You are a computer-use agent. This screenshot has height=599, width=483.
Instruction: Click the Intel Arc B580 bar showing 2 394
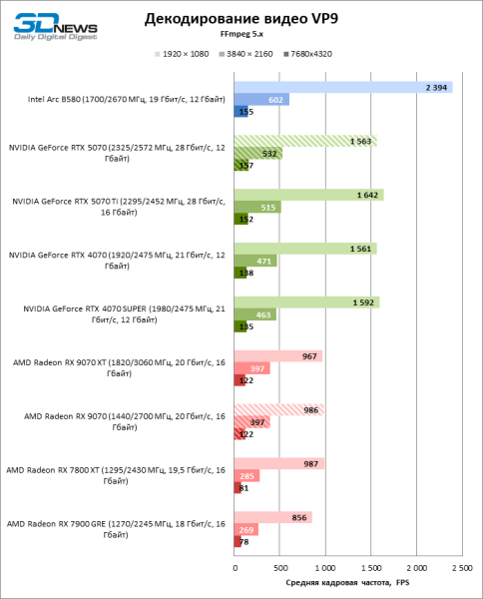343,87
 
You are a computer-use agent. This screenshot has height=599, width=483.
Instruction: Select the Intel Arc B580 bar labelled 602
261,99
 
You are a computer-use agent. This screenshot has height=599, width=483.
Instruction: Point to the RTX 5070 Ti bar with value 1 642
308,195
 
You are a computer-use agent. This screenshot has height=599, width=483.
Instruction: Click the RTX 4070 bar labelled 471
255,261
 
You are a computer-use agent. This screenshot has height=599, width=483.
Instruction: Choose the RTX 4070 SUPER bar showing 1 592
306,302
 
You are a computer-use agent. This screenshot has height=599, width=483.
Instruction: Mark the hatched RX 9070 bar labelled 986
278,410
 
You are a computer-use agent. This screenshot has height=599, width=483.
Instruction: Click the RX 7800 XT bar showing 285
246,476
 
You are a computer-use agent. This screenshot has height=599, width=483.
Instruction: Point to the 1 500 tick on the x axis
370,567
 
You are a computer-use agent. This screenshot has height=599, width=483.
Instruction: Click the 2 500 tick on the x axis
461,567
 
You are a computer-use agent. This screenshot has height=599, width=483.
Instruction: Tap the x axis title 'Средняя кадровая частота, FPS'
347,582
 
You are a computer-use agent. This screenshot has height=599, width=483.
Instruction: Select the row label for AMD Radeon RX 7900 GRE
116,530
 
